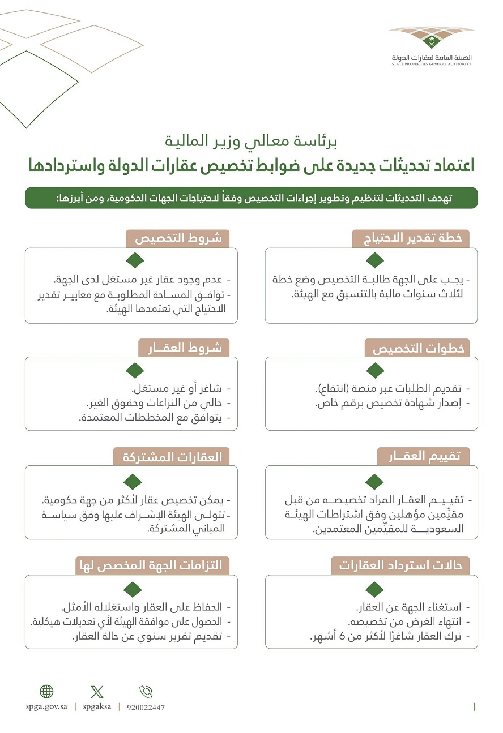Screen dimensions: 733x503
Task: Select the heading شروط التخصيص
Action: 177,238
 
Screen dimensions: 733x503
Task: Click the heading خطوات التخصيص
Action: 417,348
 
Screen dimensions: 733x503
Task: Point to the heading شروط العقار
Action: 184,348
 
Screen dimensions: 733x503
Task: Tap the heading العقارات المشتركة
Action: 172,457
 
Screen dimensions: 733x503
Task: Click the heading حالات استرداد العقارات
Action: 400,565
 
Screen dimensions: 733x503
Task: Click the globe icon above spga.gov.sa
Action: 46,691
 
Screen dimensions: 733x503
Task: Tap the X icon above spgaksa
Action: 97,691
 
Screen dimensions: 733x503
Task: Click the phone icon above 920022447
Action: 146,691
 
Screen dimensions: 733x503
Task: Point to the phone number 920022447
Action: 146,707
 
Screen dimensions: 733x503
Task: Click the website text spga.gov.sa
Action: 47,706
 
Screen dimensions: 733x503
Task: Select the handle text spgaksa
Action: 97,706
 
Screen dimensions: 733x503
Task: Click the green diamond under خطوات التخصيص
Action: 374,370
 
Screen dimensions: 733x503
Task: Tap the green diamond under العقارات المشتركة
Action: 134,482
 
